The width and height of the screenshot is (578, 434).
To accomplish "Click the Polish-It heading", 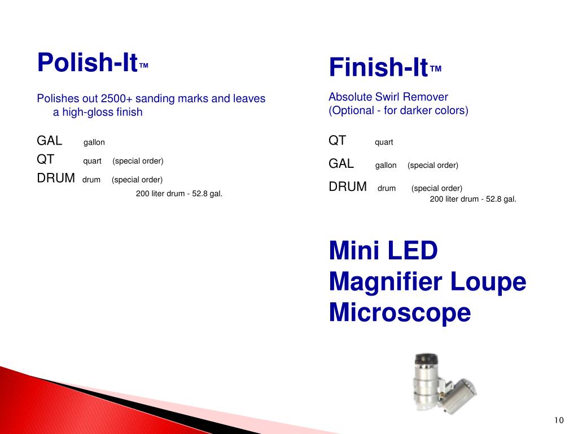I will (x=87, y=62).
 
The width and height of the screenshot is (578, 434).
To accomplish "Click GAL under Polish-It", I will (x=50, y=141).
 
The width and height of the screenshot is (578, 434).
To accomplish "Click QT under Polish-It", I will (x=46, y=160).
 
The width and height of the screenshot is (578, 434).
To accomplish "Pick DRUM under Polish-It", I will (x=56, y=179).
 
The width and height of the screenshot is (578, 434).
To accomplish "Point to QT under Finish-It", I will (x=338, y=141).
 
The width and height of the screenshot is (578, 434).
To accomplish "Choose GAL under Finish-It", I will (x=341, y=164).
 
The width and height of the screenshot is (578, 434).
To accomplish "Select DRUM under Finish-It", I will (x=348, y=186).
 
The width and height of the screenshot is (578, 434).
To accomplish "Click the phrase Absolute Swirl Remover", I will (x=388, y=97).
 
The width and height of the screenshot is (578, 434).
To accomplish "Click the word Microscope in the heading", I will (x=400, y=313).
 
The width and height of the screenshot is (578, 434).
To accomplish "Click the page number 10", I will (x=559, y=420).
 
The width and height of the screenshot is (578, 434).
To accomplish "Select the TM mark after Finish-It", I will (x=436, y=69).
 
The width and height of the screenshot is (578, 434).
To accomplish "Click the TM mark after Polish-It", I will (x=143, y=66).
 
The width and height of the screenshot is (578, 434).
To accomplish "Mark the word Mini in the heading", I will (x=353, y=250).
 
